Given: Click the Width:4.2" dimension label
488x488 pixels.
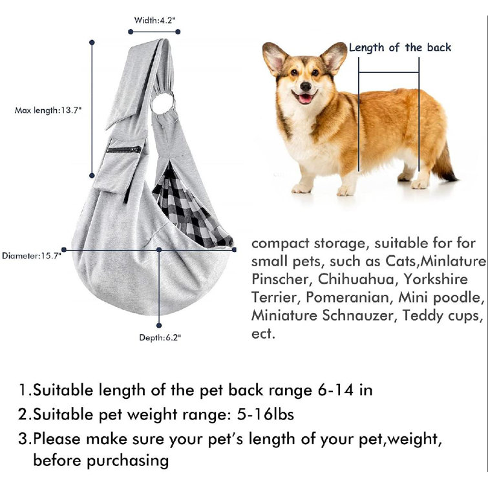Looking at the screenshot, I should (x=154, y=19).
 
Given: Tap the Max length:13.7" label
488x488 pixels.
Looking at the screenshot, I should (x=48, y=111).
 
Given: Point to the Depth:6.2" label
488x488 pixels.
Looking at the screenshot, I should (x=160, y=337).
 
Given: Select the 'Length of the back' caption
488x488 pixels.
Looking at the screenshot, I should (x=400, y=47).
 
